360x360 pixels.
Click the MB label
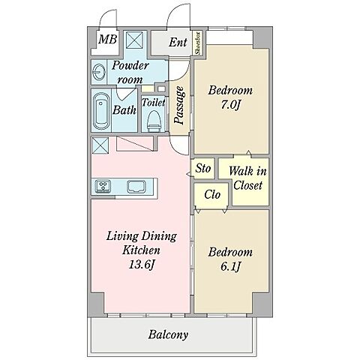pyautogui.click(x=107, y=40)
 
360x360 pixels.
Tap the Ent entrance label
pyautogui.click(x=178, y=42)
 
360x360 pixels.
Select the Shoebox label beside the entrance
pyautogui.click(x=198, y=43)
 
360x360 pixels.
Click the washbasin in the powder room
pyautogui.click(x=99, y=72)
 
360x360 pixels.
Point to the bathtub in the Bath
pyautogui.click(x=101, y=111)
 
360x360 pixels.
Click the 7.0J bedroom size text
pyautogui.click(x=230, y=105)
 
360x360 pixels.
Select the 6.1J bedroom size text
pyautogui.click(x=230, y=267)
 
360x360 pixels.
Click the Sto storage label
pyautogui.click(x=203, y=168)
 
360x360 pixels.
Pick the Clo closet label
pyautogui.click(x=212, y=194)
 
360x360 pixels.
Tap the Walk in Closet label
pyautogui.click(x=247, y=178)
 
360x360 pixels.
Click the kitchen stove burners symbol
pyautogui.click(x=103, y=187)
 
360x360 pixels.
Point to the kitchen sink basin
pyautogui.click(x=136, y=187)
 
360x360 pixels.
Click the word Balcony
pyautogui.click(x=168, y=334)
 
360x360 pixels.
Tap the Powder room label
pyautogui.click(x=130, y=73)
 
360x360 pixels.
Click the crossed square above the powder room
pyautogui.click(x=134, y=41)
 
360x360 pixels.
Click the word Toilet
pyautogui.click(x=154, y=102)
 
